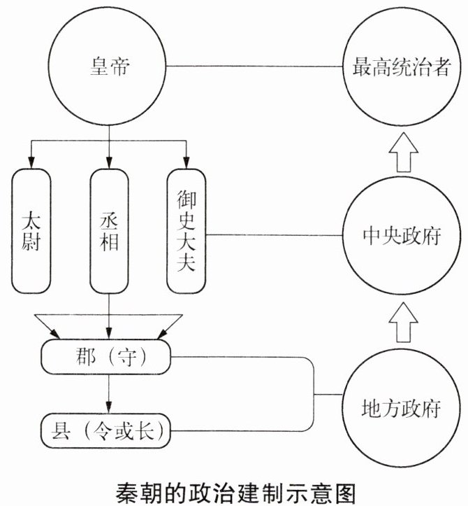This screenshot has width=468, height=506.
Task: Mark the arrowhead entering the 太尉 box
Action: point(31,162)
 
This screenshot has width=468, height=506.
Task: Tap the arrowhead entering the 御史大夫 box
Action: point(187,162)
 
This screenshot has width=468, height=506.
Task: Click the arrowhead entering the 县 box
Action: point(109,407)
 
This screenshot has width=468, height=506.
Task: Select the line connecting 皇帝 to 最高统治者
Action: point(254,66)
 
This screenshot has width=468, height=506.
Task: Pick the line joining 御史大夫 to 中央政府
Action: point(274,235)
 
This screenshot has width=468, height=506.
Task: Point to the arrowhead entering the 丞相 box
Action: point(109,162)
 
